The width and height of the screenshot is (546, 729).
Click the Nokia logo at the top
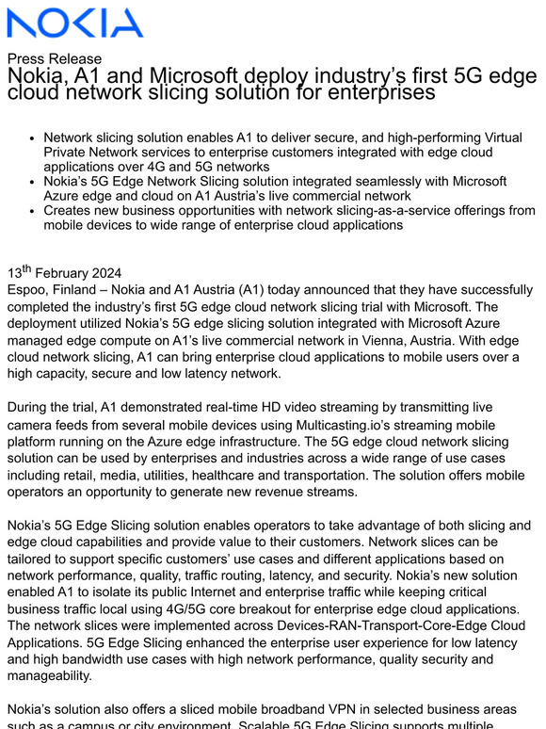tap(75, 23)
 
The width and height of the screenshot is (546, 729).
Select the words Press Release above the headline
tap(54, 58)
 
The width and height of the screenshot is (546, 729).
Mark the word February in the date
tap(65, 274)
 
